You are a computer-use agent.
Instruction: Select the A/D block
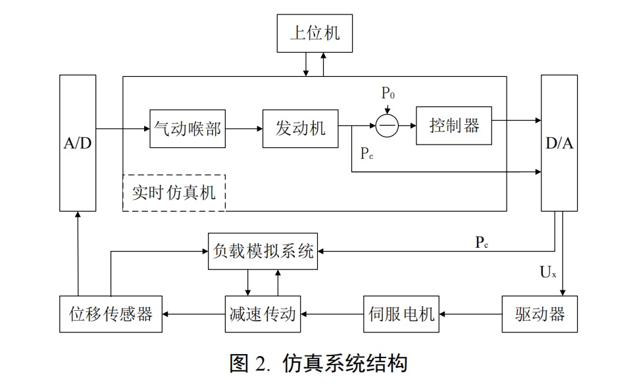coord(78,143)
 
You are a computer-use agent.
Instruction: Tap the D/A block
coord(559,143)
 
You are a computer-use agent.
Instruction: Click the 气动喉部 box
coord(187,127)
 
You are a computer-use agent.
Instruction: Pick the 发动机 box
coord(300,127)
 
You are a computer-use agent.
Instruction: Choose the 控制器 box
coord(454,125)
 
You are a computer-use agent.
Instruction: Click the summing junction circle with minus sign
coord(388,125)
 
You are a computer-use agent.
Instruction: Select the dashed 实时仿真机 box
coord(174,193)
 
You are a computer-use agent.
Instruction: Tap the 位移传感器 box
coord(111,314)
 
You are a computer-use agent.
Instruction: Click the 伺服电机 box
coord(401,314)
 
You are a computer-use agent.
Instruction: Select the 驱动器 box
coord(539,314)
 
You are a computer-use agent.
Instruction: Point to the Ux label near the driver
coord(548,271)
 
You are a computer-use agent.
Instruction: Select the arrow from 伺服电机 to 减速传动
coord(332,314)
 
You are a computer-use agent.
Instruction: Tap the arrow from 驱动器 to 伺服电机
coord(470,314)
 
